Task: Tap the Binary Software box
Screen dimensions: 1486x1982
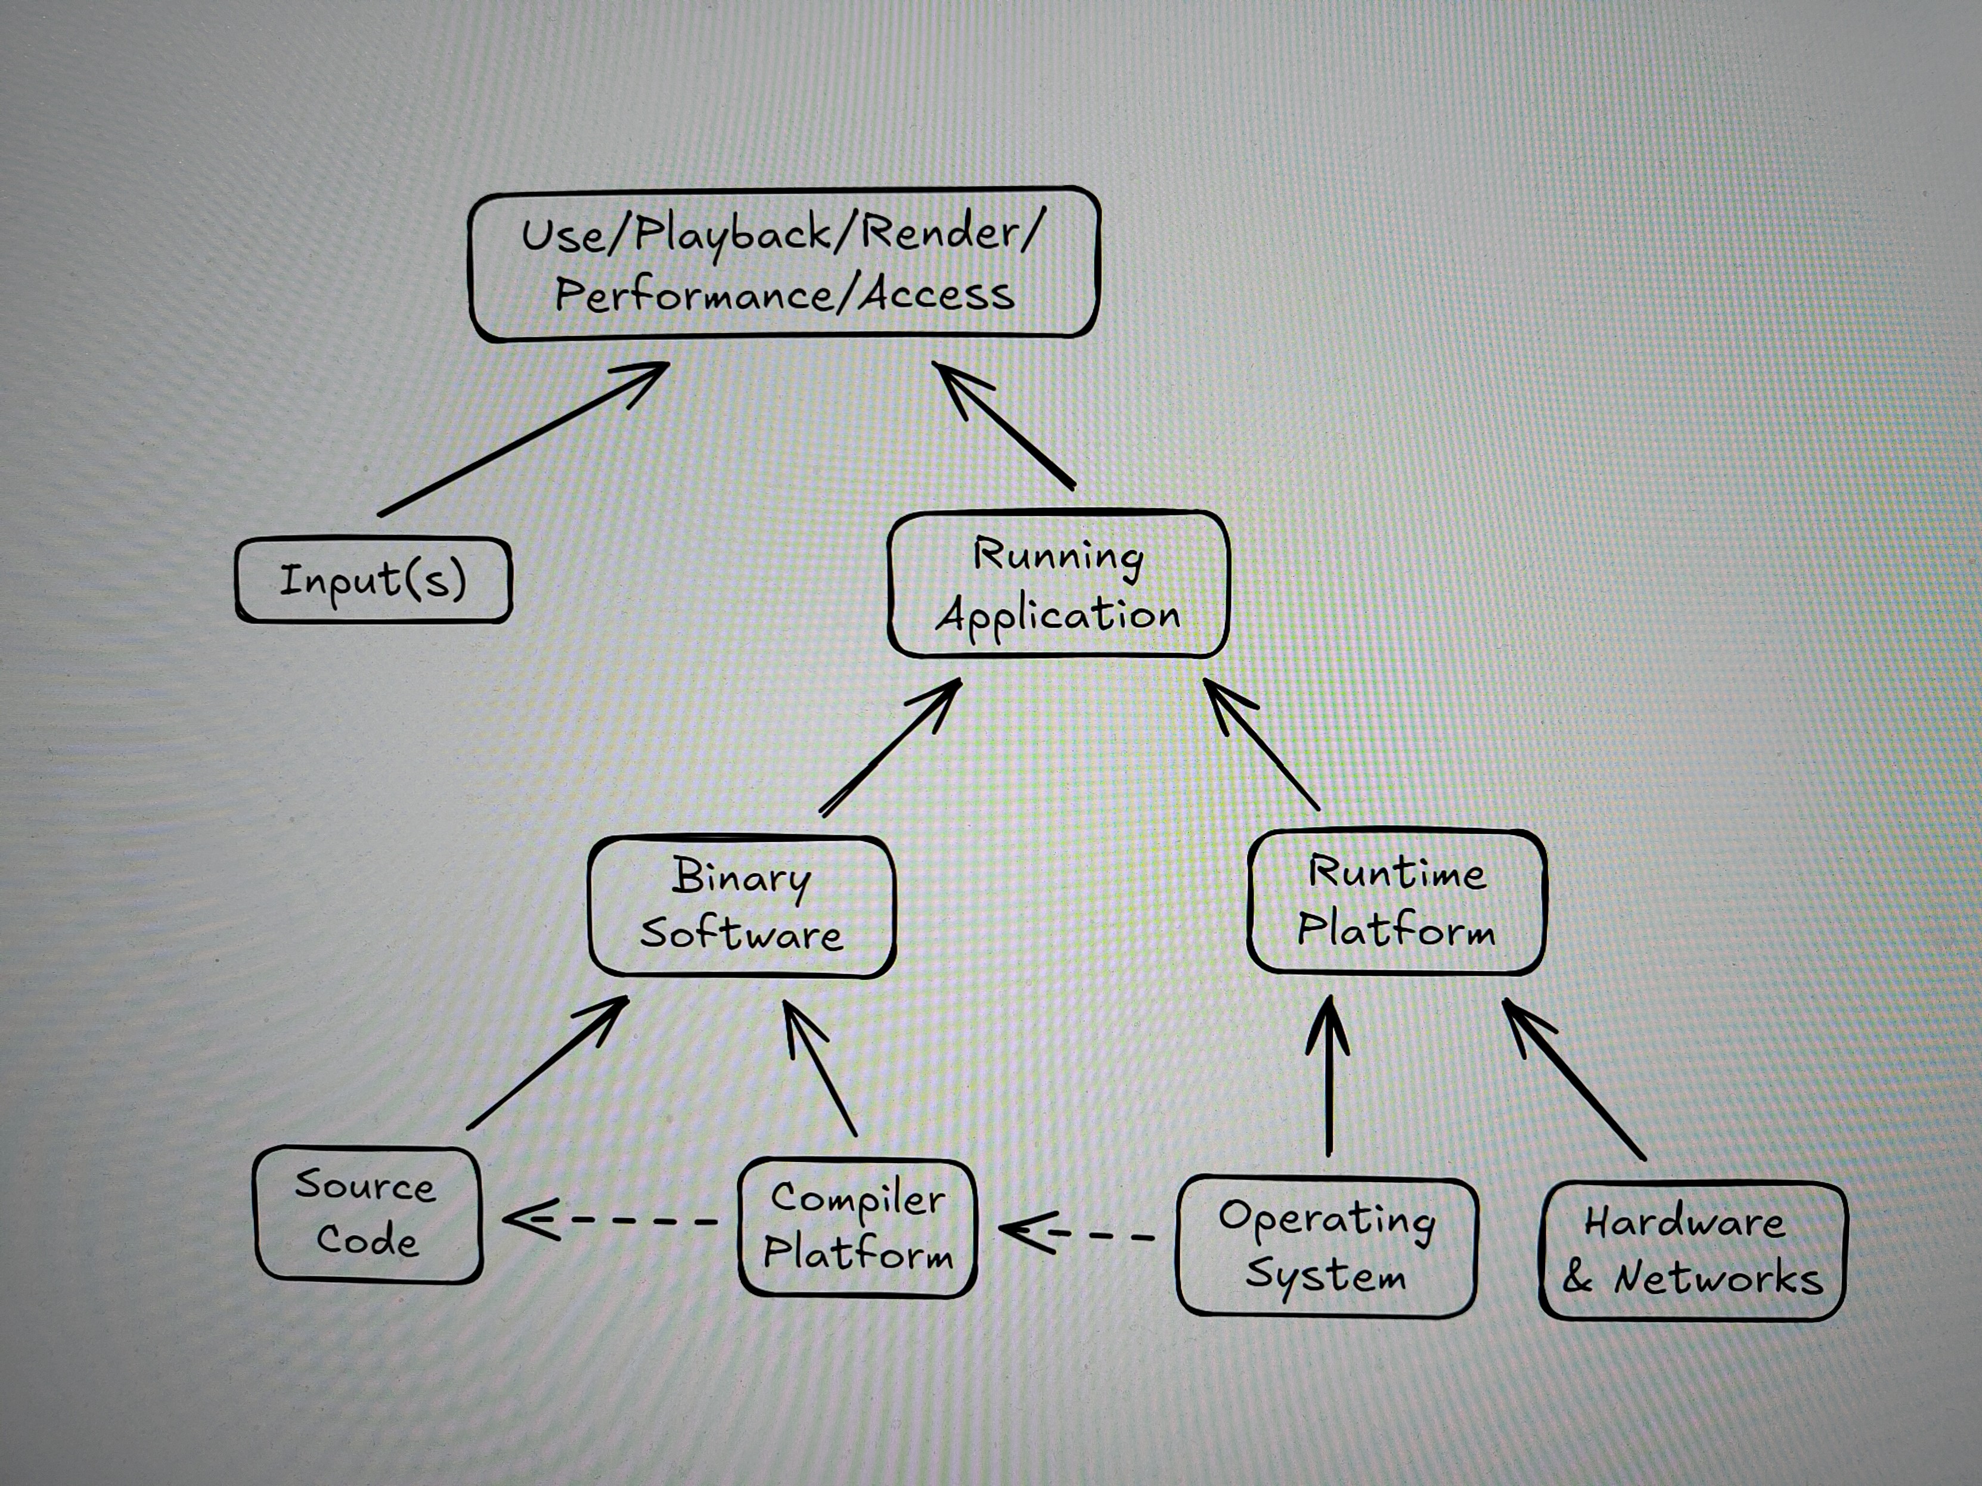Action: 741,906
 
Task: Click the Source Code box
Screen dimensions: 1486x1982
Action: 367,1214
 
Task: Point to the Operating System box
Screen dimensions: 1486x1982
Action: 1326,1246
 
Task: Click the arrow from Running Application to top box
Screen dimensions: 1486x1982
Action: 1004,425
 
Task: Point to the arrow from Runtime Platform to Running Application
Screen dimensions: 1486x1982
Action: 1261,744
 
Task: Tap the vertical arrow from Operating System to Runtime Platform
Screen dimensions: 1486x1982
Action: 1329,1075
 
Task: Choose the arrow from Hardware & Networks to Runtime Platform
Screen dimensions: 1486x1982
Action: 1574,1079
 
